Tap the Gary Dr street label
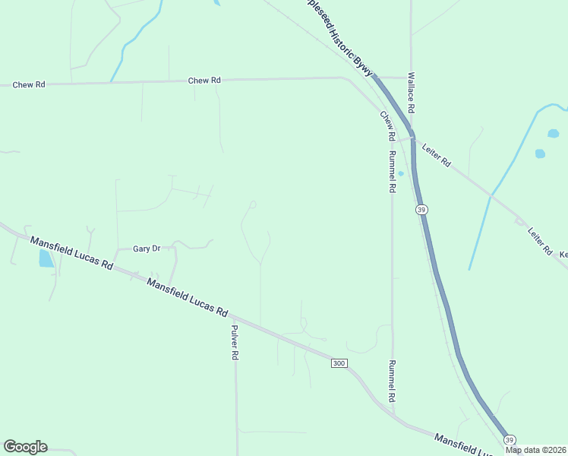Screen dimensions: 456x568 147,249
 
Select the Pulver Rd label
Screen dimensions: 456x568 235,343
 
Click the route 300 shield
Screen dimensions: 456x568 339,363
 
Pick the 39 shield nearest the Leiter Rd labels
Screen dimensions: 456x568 421,209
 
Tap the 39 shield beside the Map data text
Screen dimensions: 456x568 510,439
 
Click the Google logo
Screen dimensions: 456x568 25,447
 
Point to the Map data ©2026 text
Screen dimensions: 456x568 535,450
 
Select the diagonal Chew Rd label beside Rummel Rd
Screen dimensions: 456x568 388,125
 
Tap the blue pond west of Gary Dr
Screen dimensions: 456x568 46,258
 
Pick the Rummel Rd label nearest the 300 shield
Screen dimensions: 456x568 392,381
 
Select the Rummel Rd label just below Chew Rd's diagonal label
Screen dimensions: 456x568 392,172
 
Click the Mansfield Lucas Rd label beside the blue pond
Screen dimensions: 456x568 71,254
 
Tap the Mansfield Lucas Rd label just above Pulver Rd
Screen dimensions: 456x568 188,296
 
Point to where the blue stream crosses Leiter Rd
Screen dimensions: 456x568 491,196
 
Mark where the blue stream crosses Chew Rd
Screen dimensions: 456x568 112,81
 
